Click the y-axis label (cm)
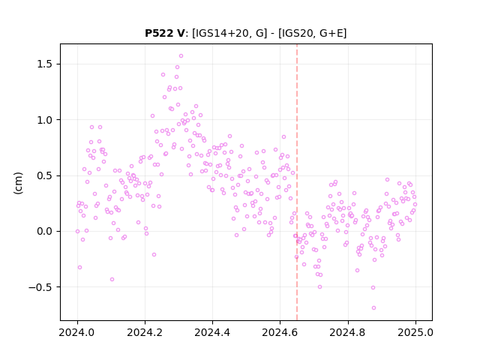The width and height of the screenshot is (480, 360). click(x=18, y=183)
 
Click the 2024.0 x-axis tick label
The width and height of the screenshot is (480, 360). click(x=77, y=332)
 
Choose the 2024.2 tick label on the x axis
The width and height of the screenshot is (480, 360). click(x=145, y=332)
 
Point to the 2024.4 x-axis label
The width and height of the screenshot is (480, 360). click(x=212, y=332)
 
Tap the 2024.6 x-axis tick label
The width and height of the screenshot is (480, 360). click(x=280, y=332)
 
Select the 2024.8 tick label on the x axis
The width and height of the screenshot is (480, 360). click(x=348, y=332)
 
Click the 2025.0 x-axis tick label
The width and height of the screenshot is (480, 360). click(x=415, y=332)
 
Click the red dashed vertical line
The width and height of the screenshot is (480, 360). click(x=297, y=182)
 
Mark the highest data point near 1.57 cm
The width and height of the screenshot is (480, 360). click(x=181, y=56)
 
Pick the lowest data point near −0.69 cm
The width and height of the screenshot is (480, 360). click(x=373, y=308)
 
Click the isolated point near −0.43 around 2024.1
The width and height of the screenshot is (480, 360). click(x=112, y=280)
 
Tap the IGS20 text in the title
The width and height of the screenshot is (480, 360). click(x=297, y=33)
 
